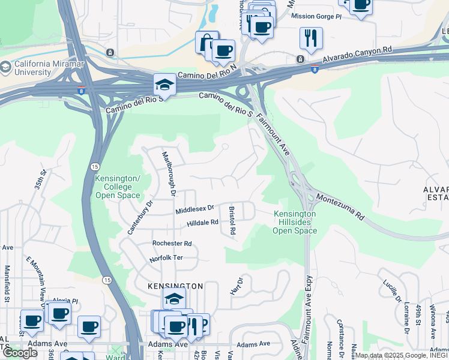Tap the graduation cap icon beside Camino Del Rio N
[164, 85]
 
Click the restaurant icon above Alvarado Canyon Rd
[311, 38]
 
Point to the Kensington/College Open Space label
[118, 187]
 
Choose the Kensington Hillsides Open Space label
[294, 222]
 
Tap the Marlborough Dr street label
[169, 174]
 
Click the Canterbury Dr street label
[140, 217]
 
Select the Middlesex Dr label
[194, 209]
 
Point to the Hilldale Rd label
[202, 223]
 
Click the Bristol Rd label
[232, 220]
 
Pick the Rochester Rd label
[172, 244]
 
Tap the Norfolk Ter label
[166, 258]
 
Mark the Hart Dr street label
[237, 286]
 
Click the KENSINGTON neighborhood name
[175, 287]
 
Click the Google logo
[19, 353]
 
